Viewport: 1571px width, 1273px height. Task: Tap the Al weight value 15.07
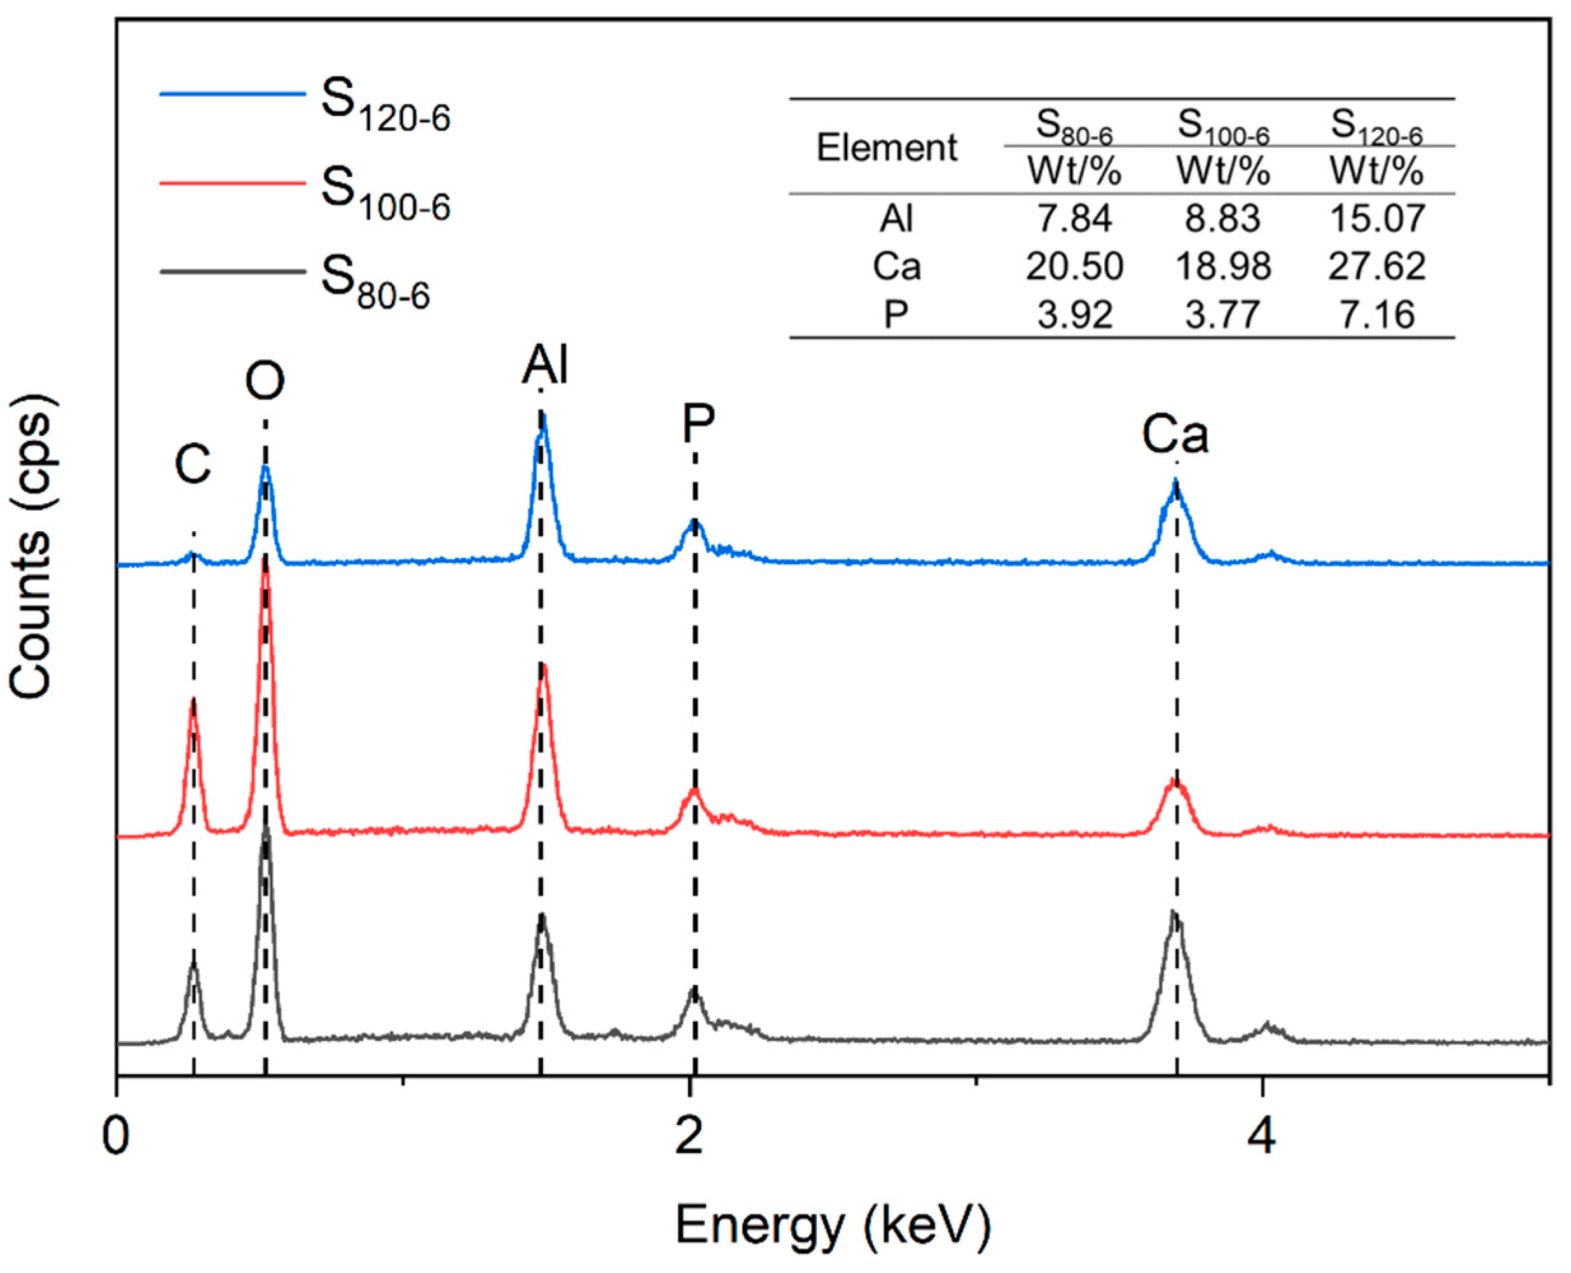(x=1377, y=218)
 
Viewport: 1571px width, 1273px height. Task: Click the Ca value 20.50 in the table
(x=1074, y=266)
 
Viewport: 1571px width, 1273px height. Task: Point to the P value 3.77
(x=1223, y=314)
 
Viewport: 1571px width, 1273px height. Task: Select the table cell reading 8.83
(x=1223, y=218)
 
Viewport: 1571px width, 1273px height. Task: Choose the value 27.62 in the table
(x=1377, y=266)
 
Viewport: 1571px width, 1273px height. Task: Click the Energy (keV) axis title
(x=833, y=1225)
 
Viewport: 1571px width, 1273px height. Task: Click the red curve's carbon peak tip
(x=193, y=700)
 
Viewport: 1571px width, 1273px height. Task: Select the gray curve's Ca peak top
(x=1173, y=913)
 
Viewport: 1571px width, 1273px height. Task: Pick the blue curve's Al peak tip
(x=543, y=415)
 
